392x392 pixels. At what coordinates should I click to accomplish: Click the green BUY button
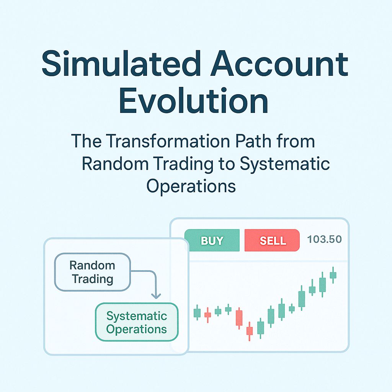(x=212, y=240)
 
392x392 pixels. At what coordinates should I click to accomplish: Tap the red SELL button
(x=272, y=240)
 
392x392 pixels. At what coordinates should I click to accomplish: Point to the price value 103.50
(x=324, y=240)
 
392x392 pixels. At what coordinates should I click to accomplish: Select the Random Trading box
(x=93, y=272)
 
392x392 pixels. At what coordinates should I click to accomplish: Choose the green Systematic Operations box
(x=137, y=322)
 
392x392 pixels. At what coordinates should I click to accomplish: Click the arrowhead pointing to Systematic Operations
(x=155, y=296)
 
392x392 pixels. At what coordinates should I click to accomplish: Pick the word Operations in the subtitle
(x=191, y=186)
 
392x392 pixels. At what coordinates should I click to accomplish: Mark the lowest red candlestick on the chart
(x=250, y=331)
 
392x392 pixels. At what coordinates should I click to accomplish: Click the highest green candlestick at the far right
(x=333, y=275)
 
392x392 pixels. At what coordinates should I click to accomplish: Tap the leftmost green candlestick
(x=197, y=313)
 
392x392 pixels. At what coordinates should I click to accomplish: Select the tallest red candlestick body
(x=239, y=318)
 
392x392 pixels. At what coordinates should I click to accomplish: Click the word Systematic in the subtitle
(x=285, y=164)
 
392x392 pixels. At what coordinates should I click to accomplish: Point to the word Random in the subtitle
(x=115, y=164)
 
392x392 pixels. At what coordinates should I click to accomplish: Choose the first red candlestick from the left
(x=207, y=315)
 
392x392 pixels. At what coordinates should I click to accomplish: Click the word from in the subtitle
(x=298, y=141)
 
